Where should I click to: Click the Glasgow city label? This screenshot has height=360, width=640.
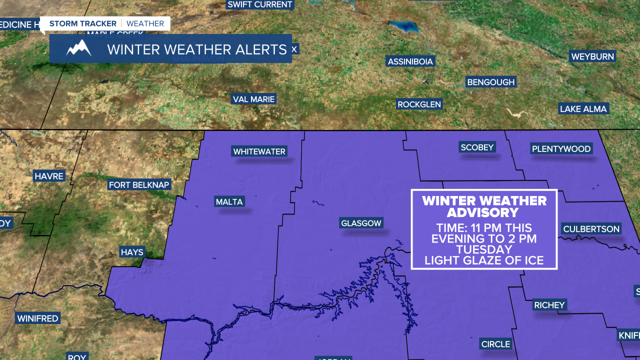[x=361, y=223]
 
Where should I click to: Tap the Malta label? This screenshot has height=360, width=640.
[x=229, y=202]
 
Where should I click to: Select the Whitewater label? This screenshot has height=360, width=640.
[x=259, y=151]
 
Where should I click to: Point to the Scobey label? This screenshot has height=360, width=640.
[x=477, y=147]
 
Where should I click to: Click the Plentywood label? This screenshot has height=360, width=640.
[x=561, y=148]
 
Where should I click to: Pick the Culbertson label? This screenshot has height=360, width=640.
[x=591, y=229]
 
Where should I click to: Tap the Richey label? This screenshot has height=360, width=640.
[x=549, y=305]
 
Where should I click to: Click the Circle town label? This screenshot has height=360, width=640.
[x=495, y=344]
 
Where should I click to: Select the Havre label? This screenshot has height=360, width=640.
[x=49, y=176]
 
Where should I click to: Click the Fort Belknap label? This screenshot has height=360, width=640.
[x=139, y=185]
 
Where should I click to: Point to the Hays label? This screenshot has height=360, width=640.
[x=132, y=252]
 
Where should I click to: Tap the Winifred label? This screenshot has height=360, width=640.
[x=37, y=318]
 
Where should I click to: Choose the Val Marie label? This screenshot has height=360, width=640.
[x=254, y=99]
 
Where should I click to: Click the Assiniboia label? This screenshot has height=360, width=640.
[x=410, y=61]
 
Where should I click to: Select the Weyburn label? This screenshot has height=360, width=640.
[x=592, y=56]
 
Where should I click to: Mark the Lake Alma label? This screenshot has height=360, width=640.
[x=583, y=108]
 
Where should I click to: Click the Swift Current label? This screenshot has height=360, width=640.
[x=259, y=4]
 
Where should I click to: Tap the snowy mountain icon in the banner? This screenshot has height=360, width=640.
[x=79, y=48]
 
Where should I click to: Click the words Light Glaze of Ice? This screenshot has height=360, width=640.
[x=483, y=260]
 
